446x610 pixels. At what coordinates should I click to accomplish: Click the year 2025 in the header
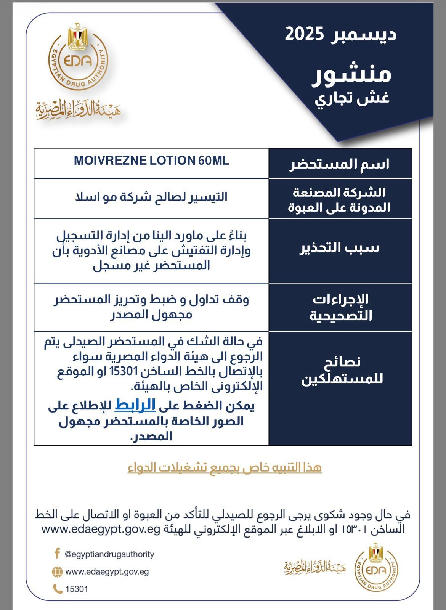pos(304,35)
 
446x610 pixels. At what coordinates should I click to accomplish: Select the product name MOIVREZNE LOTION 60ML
pos(151,161)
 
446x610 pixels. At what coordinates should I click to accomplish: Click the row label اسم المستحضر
pos(340,164)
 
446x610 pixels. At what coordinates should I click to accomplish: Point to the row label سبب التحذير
pos(340,248)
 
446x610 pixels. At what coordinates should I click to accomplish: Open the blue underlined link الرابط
pos(135,405)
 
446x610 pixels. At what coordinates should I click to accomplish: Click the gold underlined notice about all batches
pos(225,467)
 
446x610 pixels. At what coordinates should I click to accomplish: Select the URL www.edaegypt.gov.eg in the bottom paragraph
pos(100,530)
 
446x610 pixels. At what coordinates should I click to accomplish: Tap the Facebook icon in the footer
pos(58,553)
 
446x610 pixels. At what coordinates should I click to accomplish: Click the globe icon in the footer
pos(57,572)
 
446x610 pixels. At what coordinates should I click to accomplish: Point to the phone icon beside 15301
pos(58,589)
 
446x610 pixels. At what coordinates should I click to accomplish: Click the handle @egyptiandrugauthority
pos(110,554)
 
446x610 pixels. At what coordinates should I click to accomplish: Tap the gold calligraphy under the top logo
pos(78,110)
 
